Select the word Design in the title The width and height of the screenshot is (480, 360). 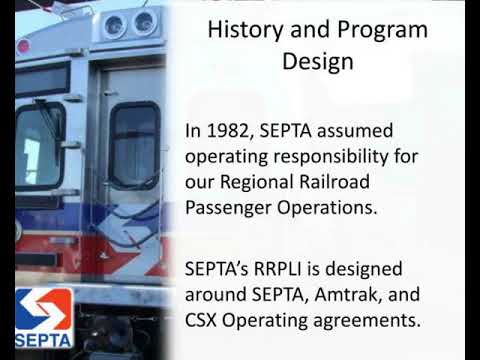(x=317, y=62)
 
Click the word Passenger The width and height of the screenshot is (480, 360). (x=230, y=208)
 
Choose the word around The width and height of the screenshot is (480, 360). (x=217, y=296)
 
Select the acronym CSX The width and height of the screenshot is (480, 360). (x=206, y=322)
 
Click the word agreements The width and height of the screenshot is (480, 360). (x=366, y=322)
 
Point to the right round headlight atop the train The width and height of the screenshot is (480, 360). (x=144, y=20)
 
